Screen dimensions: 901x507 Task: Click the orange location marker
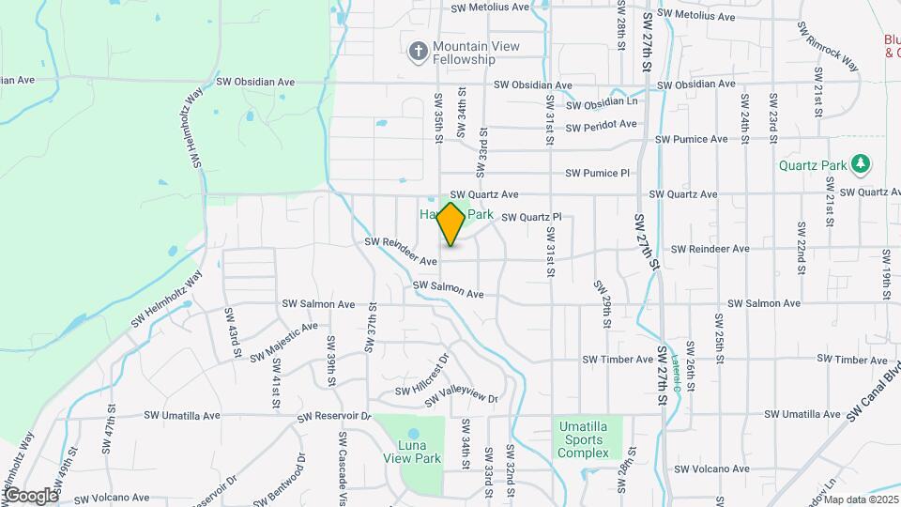click(x=450, y=223)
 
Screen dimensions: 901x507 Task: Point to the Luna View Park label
click(x=412, y=453)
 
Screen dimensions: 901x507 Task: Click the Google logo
click(x=30, y=496)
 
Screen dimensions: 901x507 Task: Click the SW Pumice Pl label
click(x=597, y=173)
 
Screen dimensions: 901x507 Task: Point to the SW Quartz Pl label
click(x=530, y=217)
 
